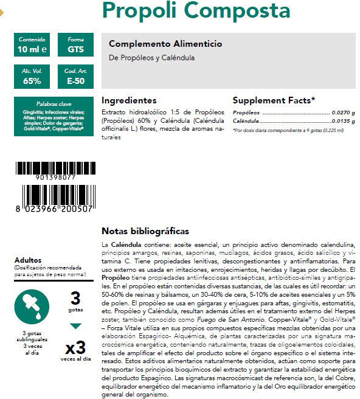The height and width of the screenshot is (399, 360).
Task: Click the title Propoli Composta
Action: point(196,11)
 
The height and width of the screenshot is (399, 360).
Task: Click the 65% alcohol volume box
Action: point(32,77)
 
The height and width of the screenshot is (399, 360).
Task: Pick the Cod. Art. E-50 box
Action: point(76,77)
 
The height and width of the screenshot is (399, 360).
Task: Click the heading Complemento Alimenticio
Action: point(165,44)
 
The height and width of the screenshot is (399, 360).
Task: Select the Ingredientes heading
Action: point(129,100)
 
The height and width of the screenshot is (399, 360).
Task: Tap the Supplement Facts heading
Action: point(274,100)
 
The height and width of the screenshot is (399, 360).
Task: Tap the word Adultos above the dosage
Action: point(28,260)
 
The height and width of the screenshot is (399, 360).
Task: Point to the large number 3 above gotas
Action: point(75,298)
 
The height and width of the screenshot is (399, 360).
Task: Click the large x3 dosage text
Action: point(75,349)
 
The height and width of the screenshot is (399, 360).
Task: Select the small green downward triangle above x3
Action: point(75,326)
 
